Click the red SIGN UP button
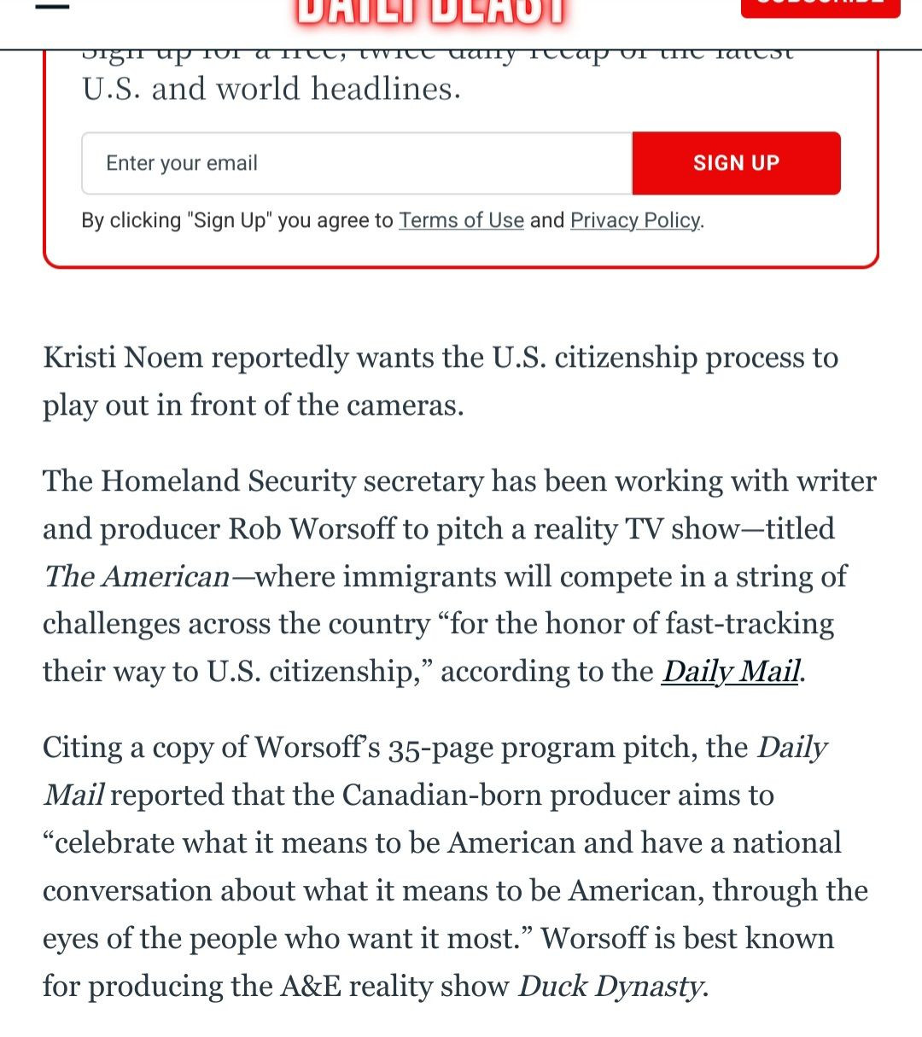736,163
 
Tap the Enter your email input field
357,163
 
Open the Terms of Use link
461,220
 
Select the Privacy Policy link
635,220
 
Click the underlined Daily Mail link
732,671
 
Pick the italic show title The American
137,576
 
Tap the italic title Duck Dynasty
611,986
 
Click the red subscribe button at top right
820,7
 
